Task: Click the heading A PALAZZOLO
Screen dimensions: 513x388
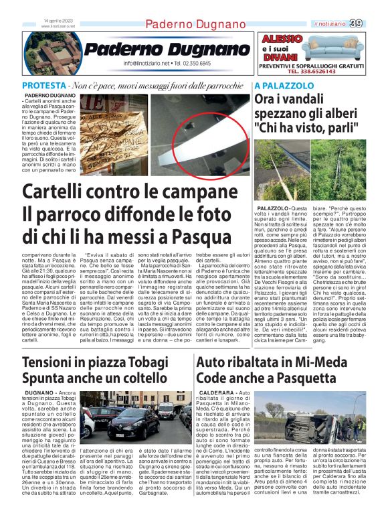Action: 284,86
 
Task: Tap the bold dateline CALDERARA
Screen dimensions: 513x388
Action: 215,392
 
